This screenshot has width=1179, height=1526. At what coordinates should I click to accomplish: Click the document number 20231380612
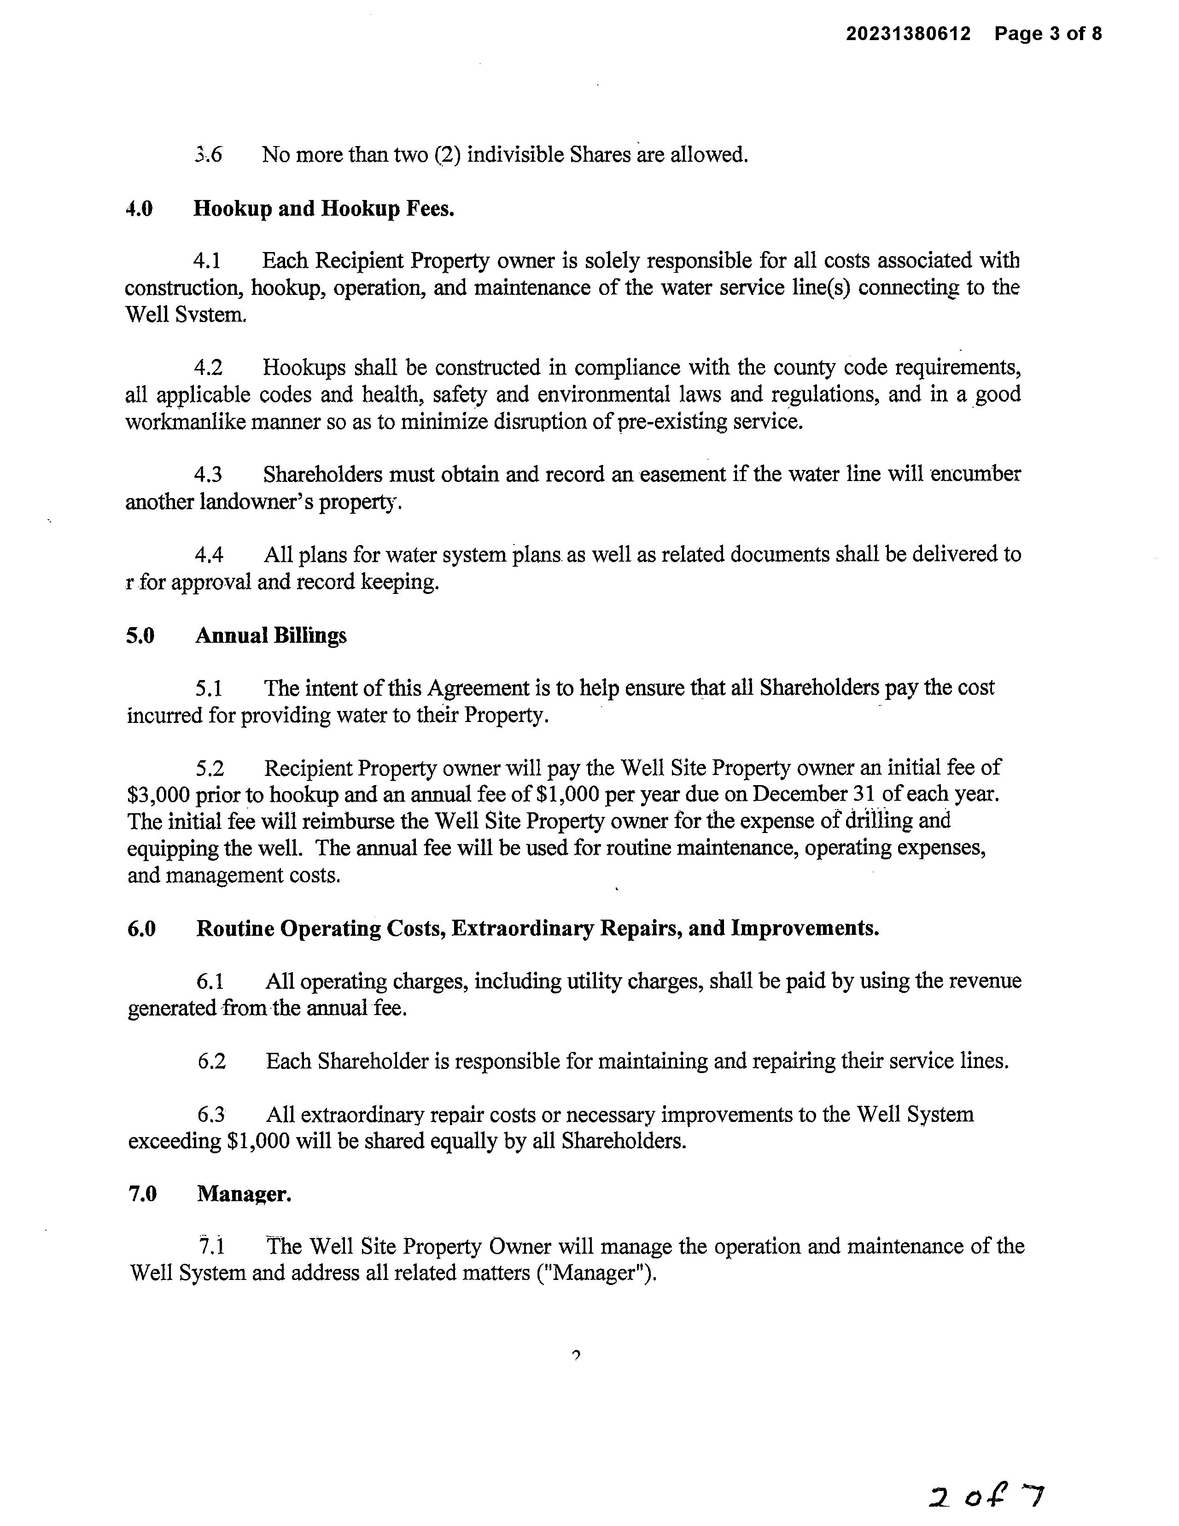pos(908,34)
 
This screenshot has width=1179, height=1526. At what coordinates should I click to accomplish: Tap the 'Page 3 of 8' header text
pos(1048,34)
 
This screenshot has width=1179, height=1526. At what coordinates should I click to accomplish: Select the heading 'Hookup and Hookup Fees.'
pos(323,208)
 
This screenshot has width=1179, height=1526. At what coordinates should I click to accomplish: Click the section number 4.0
pos(139,208)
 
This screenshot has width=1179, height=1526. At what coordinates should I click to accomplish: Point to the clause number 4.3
pos(208,475)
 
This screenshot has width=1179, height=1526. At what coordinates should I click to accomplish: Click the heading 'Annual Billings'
pos(271,636)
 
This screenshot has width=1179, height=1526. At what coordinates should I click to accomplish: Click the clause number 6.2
pos(212,1062)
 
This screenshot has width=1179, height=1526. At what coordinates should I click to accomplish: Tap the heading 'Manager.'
pos(244,1194)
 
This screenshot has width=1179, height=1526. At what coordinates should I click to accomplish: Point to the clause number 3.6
pos(208,154)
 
